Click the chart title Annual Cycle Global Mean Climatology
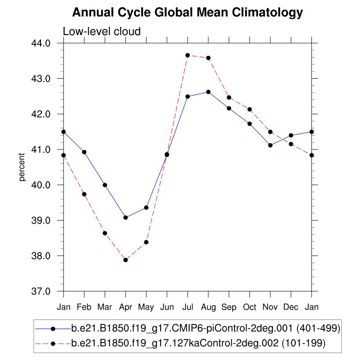click(187, 13)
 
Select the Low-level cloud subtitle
click(102, 31)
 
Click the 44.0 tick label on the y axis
click(47, 43)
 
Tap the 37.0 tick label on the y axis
click(47, 291)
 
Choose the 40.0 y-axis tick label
click(47, 185)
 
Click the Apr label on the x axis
click(126, 307)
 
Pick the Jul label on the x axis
click(188, 307)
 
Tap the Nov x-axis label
click(270, 307)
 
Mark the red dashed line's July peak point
click(188, 55)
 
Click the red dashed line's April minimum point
click(126, 260)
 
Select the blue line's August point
click(208, 92)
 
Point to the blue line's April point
click(126, 217)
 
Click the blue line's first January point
click(63, 132)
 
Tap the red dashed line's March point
click(105, 233)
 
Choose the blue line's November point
click(270, 145)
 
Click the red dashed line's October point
click(250, 109)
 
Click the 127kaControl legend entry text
click(198, 343)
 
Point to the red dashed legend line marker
click(53, 343)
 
